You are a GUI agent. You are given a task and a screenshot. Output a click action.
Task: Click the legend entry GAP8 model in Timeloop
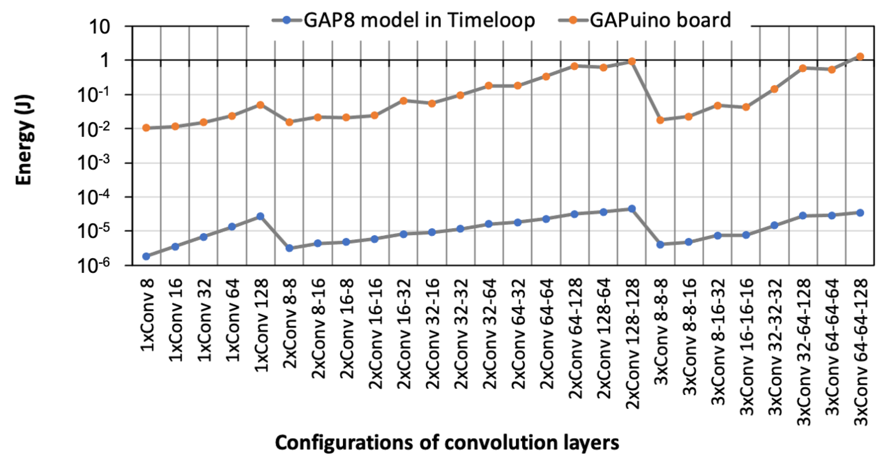[x=418, y=20]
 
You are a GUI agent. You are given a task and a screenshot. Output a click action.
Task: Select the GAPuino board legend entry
[x=660, y=20]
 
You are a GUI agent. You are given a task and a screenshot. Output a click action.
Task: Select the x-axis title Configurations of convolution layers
[x=447, y=443]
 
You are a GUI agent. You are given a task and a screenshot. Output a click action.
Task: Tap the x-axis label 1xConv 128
[x=261, y=325]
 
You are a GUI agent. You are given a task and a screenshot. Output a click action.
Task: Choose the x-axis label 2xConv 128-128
[x=632, y=343]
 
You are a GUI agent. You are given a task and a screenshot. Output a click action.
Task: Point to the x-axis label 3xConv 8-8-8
[x=661, y=331]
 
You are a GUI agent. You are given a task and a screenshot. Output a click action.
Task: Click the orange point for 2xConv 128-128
[x=632, y=62]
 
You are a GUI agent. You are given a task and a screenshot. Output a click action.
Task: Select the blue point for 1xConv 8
[x=146, y=256]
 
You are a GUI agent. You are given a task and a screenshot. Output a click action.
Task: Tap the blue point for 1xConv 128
[x=260, y=216]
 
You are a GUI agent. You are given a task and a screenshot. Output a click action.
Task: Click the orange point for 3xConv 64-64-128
[x=860, y=56]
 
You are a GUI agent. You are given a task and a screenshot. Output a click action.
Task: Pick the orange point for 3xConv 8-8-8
[x=660, y=120]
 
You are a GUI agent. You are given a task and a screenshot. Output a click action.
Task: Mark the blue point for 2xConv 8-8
[x=289, y=248]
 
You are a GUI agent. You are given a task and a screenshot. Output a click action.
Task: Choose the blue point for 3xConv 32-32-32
[x=774, y=225]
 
